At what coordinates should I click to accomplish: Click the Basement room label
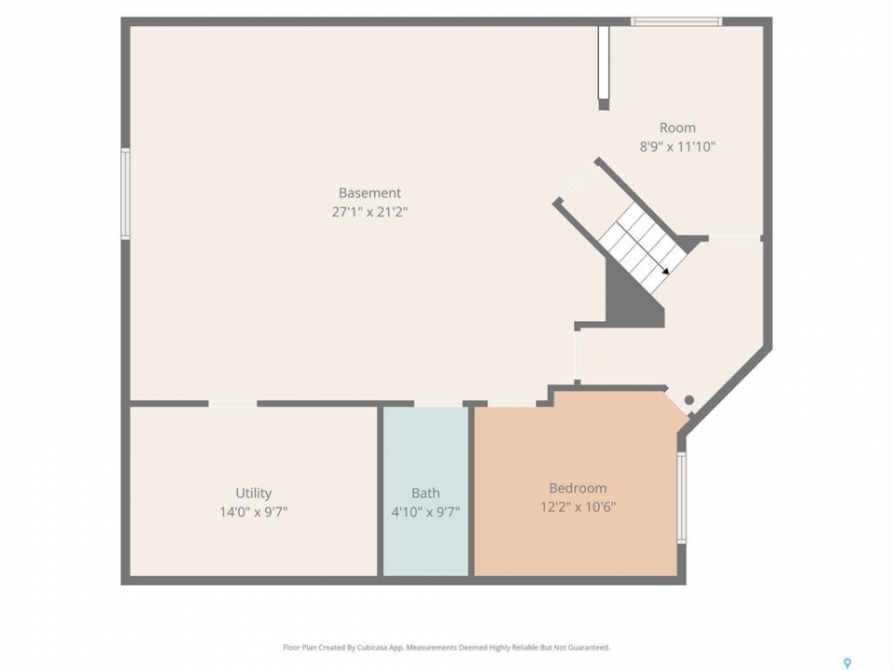(369, 193)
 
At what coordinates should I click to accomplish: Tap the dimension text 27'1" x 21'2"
(369, 212)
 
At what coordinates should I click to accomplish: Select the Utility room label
(253, 493)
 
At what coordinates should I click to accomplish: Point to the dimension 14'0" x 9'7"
(253, 512)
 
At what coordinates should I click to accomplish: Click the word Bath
(425, 493)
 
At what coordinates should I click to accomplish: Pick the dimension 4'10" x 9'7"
(425, 512)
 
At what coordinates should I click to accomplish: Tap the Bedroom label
(578, 488)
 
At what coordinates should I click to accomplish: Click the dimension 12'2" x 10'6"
(578, 506)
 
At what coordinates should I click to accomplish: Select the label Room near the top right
(677, 127)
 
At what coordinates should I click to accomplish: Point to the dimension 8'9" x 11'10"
(677, 146)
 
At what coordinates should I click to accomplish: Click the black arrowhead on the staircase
(665, 271)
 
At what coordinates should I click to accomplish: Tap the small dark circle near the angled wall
(689, 400)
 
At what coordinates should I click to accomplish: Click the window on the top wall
(676, 21)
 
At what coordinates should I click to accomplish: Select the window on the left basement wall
(126, 194)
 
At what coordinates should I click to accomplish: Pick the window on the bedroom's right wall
(681, 498)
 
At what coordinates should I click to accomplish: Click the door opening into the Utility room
(233, 403)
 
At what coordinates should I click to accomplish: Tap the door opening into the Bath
(438, 403)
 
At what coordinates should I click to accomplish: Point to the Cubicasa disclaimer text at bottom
(446, 648)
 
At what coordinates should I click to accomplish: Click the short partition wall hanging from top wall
(604, 67)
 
